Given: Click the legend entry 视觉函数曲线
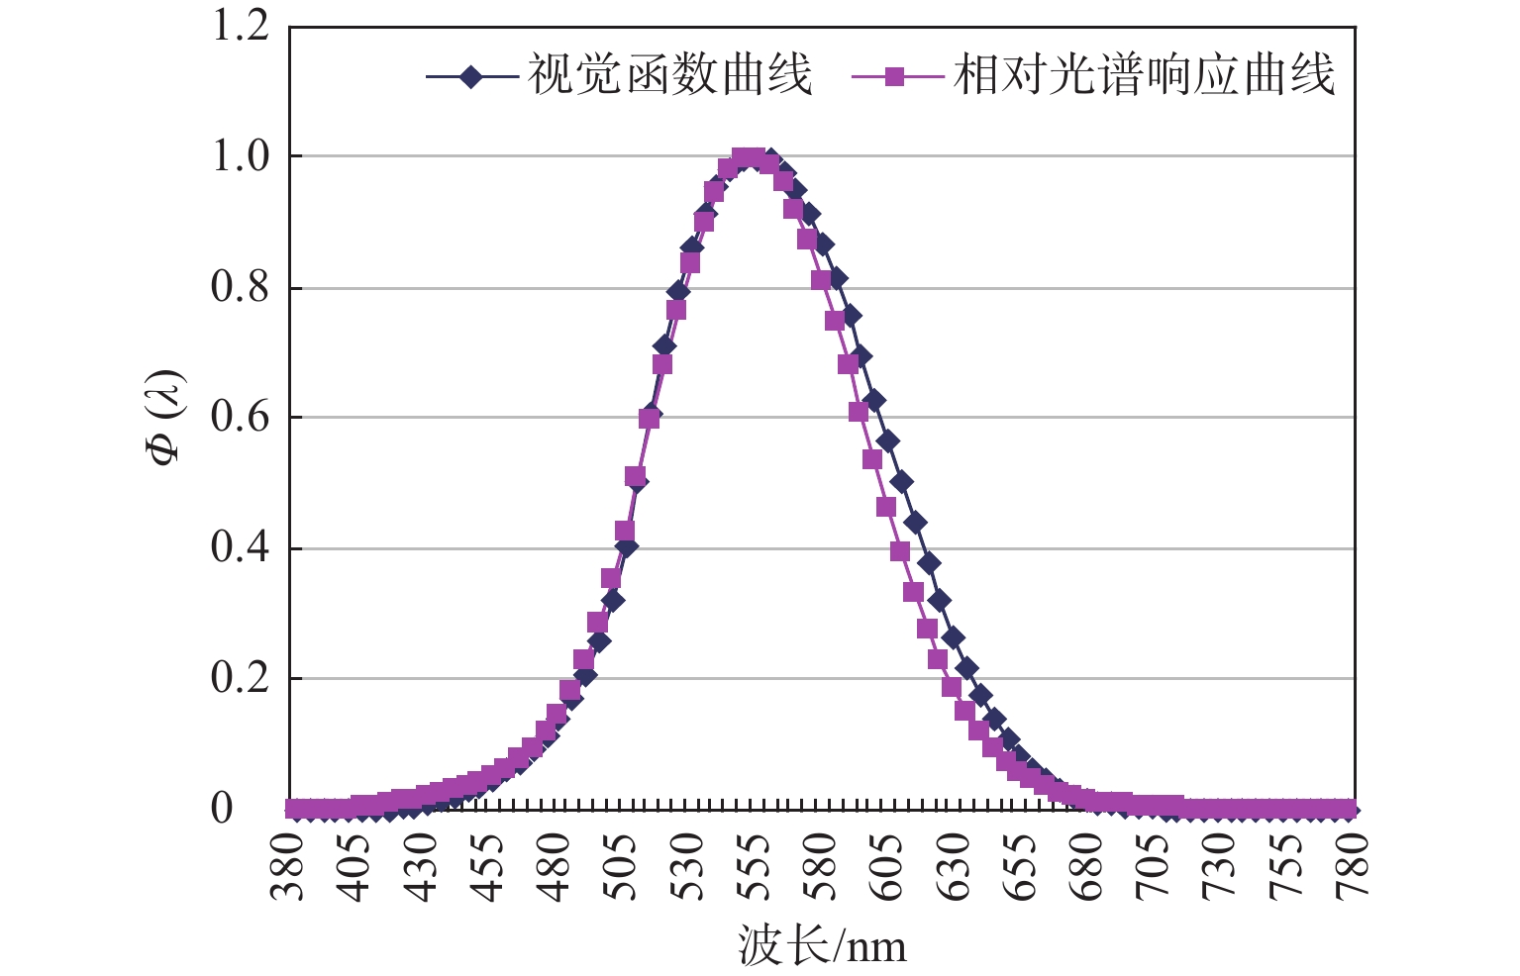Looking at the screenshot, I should coord(669,75).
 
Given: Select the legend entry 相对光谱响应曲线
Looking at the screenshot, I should coord(1144,75).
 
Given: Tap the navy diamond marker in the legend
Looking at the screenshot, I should coord(472,76).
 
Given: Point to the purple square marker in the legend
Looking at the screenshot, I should coord(895,76).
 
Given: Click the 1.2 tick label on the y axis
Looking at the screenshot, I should coord(240,27).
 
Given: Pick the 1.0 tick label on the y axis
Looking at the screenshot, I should coord(240,156).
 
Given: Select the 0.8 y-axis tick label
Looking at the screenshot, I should coord(240,287).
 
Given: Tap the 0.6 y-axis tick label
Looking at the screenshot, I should coord(240,418).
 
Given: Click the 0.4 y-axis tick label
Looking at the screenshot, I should coord(240,548).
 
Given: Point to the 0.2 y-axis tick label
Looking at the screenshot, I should coord(240,679).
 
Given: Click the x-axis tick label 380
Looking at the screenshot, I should coord(289,866).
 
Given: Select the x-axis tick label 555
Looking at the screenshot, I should coord(757,866).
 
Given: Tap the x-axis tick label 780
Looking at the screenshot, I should coord(1354,866).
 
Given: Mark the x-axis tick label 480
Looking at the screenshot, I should coord(556,866).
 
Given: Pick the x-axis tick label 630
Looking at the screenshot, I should coord(956,866).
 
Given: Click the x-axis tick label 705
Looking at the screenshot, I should coord(1155,866).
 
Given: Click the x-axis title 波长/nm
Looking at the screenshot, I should coord(822,946).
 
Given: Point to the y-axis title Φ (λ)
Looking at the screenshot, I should coord(165,417).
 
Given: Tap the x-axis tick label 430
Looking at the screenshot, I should coord(423,866).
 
